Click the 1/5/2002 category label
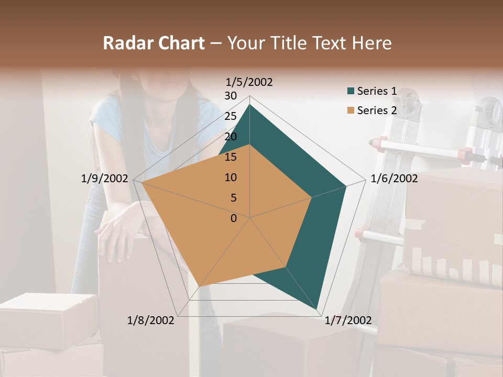[x=249, y=82]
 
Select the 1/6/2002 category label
[x=394, y=179]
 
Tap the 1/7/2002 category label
[x=348, y=320]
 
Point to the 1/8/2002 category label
[x=151, y=320]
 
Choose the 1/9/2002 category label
[x=105, y=179]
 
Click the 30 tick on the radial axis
[x=231, y=96]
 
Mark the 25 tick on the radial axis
[x=231, y=116]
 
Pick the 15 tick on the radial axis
[x=231, y=157]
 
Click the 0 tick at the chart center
[x=234, y=218]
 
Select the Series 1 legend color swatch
[x=351, y=91]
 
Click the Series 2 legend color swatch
[x=351, y=110]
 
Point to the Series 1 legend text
[x=377, y=91]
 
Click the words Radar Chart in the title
[x=154, y=43]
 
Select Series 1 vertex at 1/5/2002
[x=249, y=104]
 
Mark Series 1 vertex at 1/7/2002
[x=318, y=309]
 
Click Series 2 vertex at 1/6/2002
[x=312, y=197]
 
